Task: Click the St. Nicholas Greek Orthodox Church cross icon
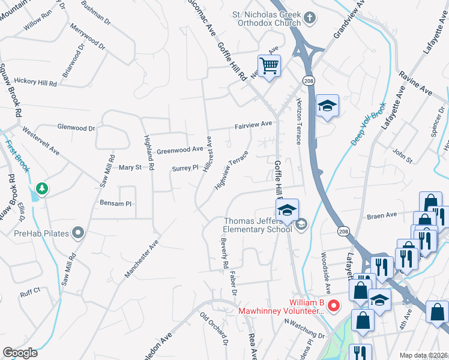coord(309,17)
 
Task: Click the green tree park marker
coord(43,189)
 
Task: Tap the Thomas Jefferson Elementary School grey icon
coord(301,224)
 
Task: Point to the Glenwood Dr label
coord(76,128)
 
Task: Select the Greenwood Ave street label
coord(180,150)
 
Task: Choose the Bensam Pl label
coord(115,204)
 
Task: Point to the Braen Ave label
coord(383,215)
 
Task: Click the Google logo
coord(20,353)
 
